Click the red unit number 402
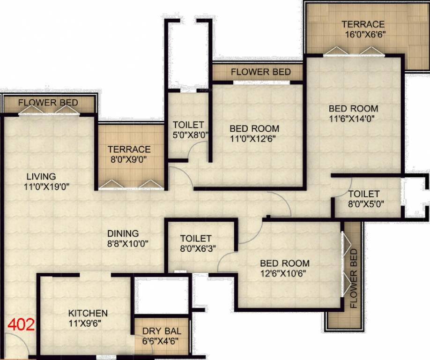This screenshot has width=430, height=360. click(x=21, y=325)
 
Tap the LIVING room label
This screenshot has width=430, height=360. click(x=41, y=177)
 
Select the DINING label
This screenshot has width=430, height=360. click(x=123, y=233)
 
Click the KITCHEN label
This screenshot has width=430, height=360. click(x=88, y=313)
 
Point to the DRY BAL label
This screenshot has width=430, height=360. click(x=159, y=331)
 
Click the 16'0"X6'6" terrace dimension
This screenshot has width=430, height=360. click(x=363, y=34)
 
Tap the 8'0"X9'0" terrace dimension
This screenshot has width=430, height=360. click(x=129, y=159)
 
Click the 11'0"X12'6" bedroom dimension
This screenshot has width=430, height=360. click(x=254, y=138)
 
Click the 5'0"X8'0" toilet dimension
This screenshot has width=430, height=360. click(x=188, y=135)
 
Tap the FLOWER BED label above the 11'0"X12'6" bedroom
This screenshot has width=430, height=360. click(x=260, y=72)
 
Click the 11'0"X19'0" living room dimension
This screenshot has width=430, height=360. click(x=45, y=187)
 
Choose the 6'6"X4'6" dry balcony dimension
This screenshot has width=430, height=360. click(x=160, y=341)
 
